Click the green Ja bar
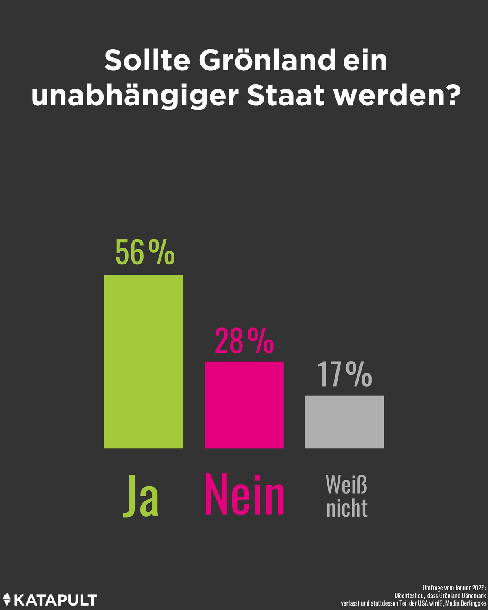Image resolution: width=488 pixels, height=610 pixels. click(143, 361)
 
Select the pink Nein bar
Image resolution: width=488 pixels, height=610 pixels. click(244, 405)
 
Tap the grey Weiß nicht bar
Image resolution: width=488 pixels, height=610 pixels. click(344, 422)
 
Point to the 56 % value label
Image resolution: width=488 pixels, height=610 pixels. click(145, 252)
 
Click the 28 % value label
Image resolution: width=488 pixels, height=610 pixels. click(244, 341)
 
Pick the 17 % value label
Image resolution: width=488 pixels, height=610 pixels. click(344, 375)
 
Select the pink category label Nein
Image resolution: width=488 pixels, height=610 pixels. click(244, 494)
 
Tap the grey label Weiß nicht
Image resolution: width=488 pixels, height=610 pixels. click(347, 497)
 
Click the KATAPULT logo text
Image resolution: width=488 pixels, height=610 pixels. click(55, 599)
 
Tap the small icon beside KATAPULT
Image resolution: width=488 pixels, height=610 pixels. click(7, 599)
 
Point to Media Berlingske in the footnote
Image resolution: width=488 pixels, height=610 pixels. click(466, 603)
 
